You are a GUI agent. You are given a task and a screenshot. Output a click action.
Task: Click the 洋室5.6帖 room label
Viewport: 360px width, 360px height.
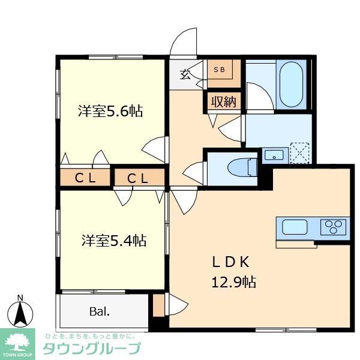110,111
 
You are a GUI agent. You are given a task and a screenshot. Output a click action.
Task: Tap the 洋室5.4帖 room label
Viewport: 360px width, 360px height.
113,241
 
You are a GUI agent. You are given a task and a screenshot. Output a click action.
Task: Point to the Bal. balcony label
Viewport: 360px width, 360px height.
100,311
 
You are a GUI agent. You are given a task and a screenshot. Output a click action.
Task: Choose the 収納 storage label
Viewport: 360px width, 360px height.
223,101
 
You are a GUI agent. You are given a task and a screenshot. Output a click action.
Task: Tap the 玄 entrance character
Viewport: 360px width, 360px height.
186,75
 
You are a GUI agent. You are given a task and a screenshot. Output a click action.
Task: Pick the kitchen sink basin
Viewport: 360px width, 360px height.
295,227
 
